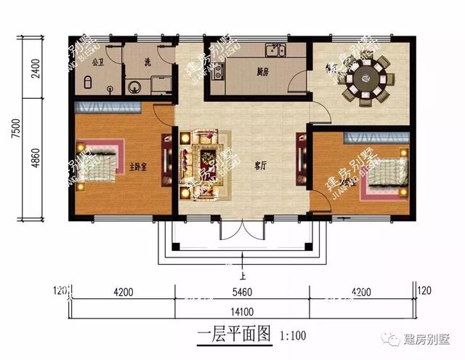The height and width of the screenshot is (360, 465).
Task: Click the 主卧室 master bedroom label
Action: tap(138, 167)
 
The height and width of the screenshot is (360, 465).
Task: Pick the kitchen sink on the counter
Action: tap(275, 50)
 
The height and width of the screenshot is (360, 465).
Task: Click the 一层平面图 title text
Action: tap(234, 335)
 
